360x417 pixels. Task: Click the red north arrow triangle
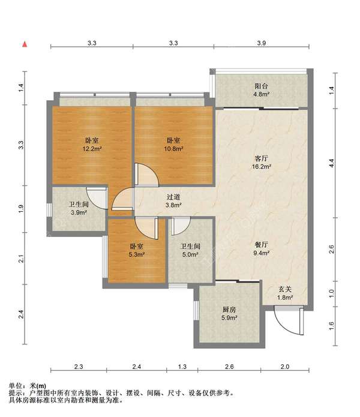pyautogui.click(x=25, y=44)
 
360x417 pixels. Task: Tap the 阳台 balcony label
pyautogui.click(x=261, y=86)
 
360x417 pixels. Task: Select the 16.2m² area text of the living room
pyautogui.click(x=262, y=167)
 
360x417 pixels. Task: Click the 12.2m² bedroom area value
pyautogui.click(x=92, y=149)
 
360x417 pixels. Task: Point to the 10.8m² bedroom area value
pyautogui.click(x=173, y=149)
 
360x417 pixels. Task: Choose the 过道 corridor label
pyautogui.click(x=173, y=197)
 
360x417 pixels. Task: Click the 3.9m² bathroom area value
pyautogui.click(x=79, y=212)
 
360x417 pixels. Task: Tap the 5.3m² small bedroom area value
pyautogui.click(x=137, y=254)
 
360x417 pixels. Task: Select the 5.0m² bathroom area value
pyautogui.click(x=190, y=254)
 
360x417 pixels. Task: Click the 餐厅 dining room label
pyautogui.click(x=262, y=245)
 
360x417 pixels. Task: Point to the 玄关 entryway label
pyautogui.click(x=285, y=289)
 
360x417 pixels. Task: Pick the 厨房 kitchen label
pyautogui.click(x=229, y=310)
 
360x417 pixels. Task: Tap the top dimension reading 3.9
pyautogui.click(x=262, y=43)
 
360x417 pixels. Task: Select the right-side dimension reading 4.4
pyautogui.click(x=331, y=163)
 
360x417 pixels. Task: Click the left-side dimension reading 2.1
pyautogui.click(x=21, y=259)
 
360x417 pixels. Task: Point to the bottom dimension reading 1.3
pyautogui.click(x=182, y=367)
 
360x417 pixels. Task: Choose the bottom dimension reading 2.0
pyautogui.click(x=285, y=367)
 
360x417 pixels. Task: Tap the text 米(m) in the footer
pyautogui.click(x=38, y=386)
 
